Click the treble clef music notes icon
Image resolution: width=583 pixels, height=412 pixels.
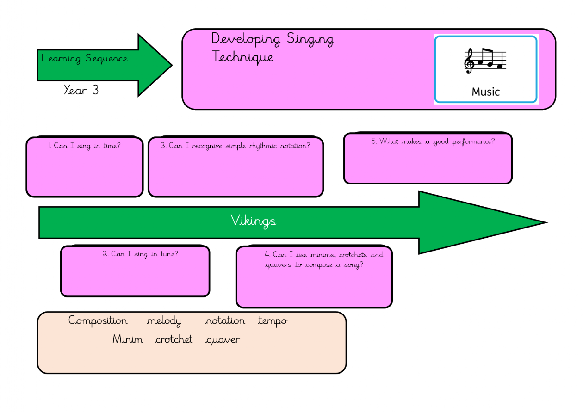point(485,61)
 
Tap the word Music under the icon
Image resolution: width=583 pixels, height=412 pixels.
point(485,92)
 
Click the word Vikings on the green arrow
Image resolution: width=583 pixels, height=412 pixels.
point(253,221)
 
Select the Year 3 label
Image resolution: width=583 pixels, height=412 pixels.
point(81,90)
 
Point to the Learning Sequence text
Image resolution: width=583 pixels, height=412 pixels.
point(84,59)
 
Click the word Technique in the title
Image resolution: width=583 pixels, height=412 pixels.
point(243,57)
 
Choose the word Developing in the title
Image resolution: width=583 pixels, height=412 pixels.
point(246,39)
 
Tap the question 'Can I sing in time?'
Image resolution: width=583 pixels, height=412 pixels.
point(84,146)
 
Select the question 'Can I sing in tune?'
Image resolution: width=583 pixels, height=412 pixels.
point(140,254)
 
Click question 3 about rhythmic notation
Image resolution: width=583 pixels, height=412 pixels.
point(235,146)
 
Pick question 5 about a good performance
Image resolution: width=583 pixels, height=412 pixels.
point(433,141)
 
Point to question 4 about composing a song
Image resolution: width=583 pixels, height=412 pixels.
point(323,260)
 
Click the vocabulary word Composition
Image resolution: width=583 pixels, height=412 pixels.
point(98,320)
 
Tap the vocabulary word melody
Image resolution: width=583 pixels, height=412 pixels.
point(164,321)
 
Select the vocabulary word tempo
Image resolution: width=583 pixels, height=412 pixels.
point(273,321)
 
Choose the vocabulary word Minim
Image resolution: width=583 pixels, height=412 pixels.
point(127,340)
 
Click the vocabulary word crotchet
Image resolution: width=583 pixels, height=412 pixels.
point(174,340)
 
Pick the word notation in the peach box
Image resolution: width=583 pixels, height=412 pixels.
point(225,321)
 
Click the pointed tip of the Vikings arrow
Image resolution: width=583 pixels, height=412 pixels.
point(545,222)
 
